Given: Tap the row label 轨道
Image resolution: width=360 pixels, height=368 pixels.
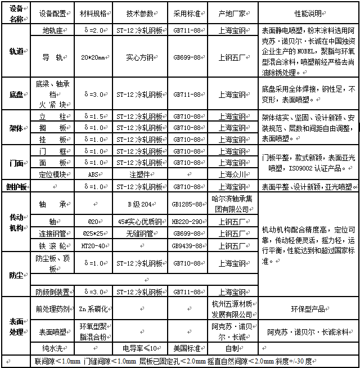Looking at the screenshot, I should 16,51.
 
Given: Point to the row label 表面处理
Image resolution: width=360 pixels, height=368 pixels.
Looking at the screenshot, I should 16,326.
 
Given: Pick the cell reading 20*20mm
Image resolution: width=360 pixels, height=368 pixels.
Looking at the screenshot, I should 93,57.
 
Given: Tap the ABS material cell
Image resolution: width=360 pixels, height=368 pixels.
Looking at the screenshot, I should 93,174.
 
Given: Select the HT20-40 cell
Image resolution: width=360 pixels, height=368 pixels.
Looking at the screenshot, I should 93,245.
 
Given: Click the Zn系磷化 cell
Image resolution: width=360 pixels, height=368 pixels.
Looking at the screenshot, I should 93,309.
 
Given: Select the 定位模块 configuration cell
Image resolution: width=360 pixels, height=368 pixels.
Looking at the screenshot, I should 53,174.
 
